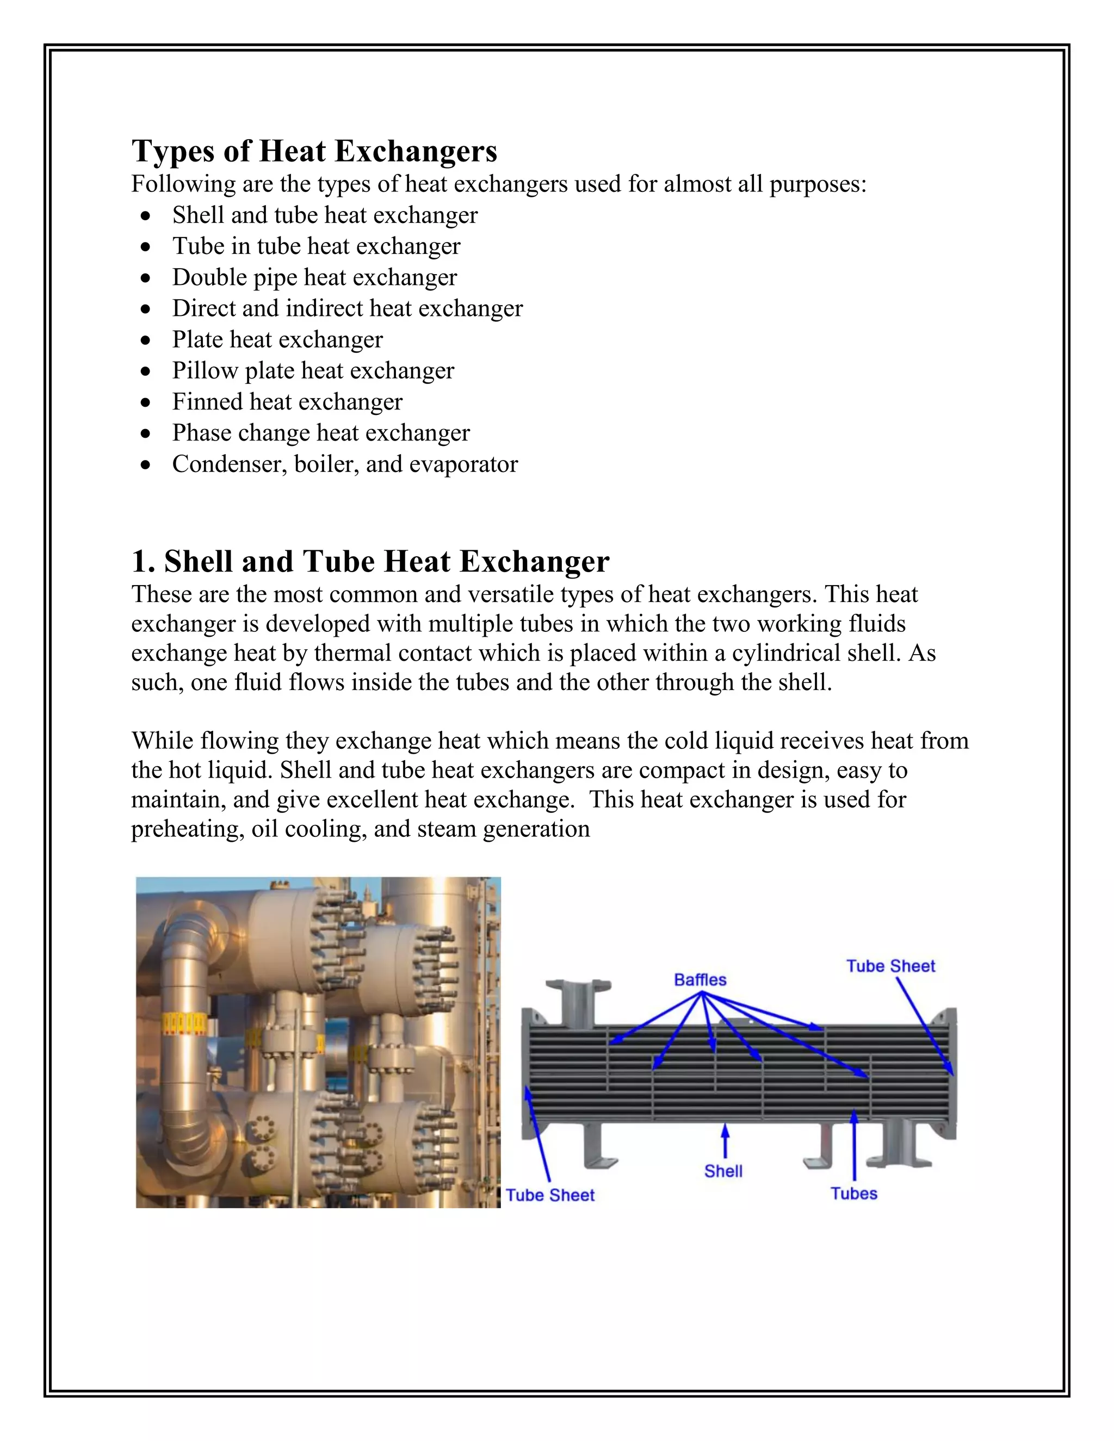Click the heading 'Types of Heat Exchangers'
(x=314, y=151)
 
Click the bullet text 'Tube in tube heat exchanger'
(x=316, y=246)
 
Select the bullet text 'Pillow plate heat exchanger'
(x=313, y=371)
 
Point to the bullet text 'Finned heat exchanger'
(x=287, y=402)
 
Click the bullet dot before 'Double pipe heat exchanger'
(x=146, y=278)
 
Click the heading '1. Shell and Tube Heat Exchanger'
(x=370, y=562)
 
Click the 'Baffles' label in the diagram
(x=700, y=980)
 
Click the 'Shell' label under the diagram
(x=723, y=1171)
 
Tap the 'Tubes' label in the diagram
(x=853, y=1194)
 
